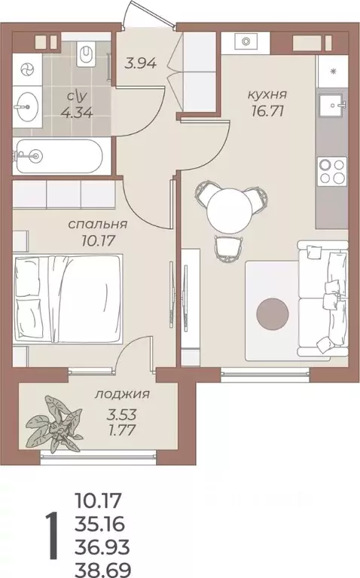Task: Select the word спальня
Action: [x=97, y=225]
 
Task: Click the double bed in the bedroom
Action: [x=68, y=298]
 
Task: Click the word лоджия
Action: [x=123, y=393]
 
